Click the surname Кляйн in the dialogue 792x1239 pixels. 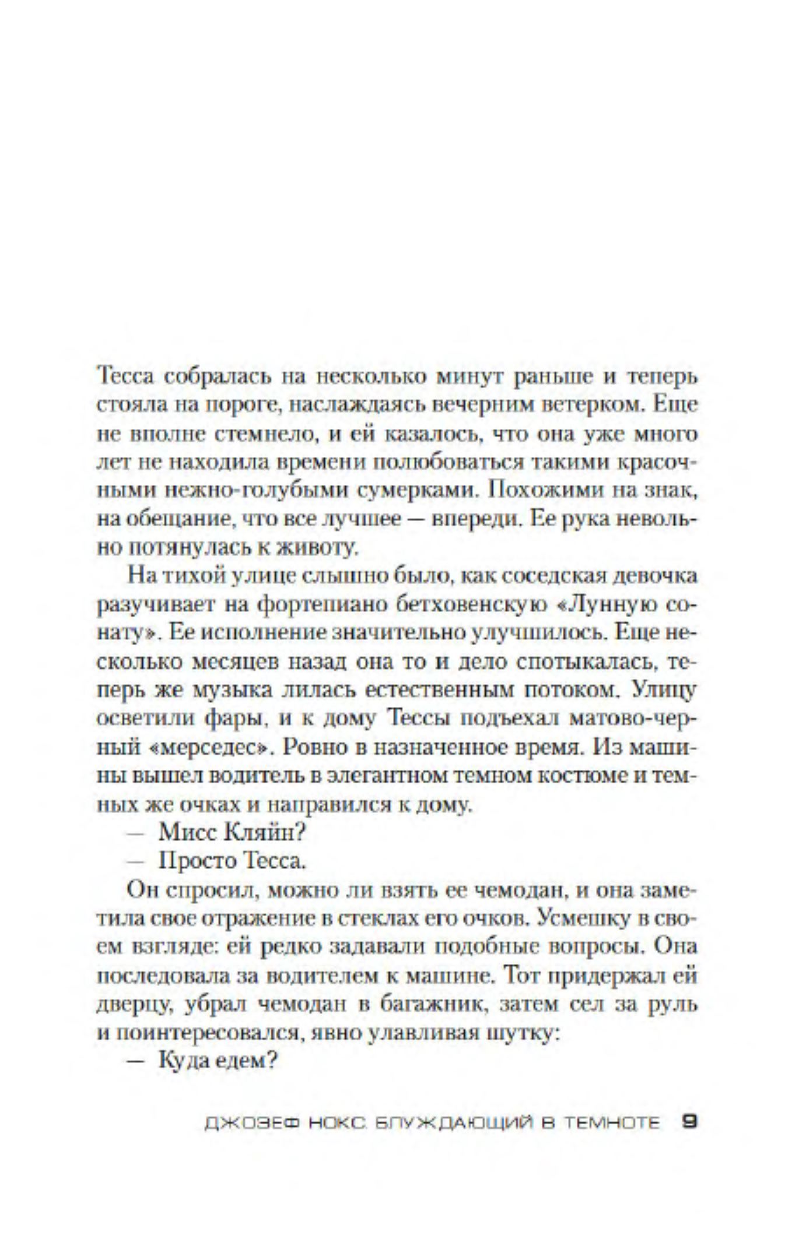click(x=265, y=833)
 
